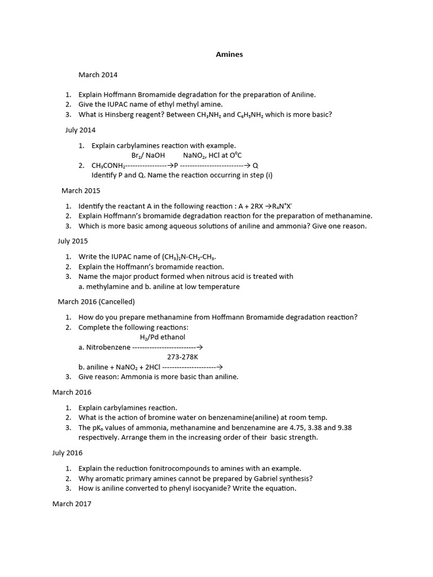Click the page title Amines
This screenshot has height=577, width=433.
pyautogui.click(x=229, y=55)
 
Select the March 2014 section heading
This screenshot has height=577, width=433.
pyautogui.click(x=98, y=74)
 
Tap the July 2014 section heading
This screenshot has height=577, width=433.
pyautogui.click(x=80, y=130)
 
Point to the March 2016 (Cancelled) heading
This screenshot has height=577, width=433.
pyautogui.click(x=96, y=301)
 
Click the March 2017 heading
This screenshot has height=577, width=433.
pyautogui.click(x=72, y=504)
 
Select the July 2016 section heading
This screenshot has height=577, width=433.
pyautogui.click(x=67, y=452)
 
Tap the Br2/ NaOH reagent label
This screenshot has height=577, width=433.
pyautogui.click(x=148, y=155)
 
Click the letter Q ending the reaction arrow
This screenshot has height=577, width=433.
pyautogui.click(x=255, y=166)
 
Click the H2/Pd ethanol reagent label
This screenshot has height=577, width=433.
pyautogui.click(x=162, y=337)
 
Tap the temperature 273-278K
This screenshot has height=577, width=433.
pyautogui.click(x=182, y=357)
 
